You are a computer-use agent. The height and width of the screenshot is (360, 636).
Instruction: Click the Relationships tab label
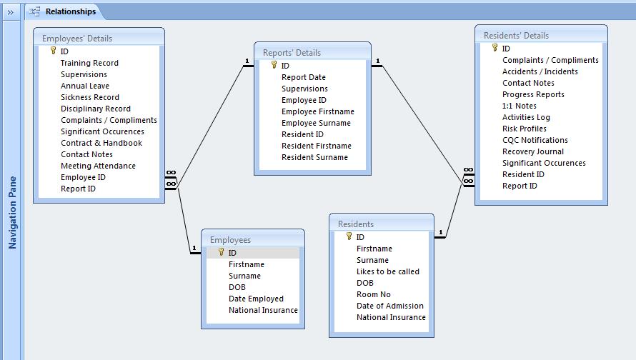(x=71, y=11)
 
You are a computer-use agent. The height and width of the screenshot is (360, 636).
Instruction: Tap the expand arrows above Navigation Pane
(x=10, y=13)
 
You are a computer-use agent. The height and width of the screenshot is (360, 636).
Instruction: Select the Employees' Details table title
(x=77, y=39)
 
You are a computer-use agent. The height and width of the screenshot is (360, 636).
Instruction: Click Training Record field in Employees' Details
(x=89, y=63)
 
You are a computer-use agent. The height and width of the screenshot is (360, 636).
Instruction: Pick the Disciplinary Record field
(x=96, y=109)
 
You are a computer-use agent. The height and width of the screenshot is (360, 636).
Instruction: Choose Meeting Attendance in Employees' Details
(x=98, y=166)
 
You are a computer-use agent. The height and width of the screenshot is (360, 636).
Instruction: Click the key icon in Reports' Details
(x=274, y=65)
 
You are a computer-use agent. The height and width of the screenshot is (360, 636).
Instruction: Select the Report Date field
(x=304, y=77)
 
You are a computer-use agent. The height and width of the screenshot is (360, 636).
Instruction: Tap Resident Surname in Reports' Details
(x=314, y=157)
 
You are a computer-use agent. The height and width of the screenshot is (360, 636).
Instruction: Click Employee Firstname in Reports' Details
(x=318, y=111)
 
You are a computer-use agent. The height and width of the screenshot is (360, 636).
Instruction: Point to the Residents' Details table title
(x=516, y=36)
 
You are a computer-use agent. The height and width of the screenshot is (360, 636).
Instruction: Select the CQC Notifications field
(x=535, y=140)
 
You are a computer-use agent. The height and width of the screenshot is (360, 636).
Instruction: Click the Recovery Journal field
(x=533, y=151)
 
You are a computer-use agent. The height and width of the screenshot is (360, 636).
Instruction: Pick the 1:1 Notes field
(x=520, y=106)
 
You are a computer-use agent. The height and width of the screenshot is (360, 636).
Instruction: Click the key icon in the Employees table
(x=221, y=251)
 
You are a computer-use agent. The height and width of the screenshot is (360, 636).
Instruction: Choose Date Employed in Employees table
(x=256, y=299)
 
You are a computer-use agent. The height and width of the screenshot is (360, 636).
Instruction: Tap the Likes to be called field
(x=388, y=271)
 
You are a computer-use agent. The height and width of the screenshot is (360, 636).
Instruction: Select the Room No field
(x=374, y=294)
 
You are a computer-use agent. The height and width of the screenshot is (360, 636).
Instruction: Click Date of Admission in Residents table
(x=389, y=306)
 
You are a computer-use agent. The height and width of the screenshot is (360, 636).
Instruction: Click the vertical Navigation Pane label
(x=13, y=212)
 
